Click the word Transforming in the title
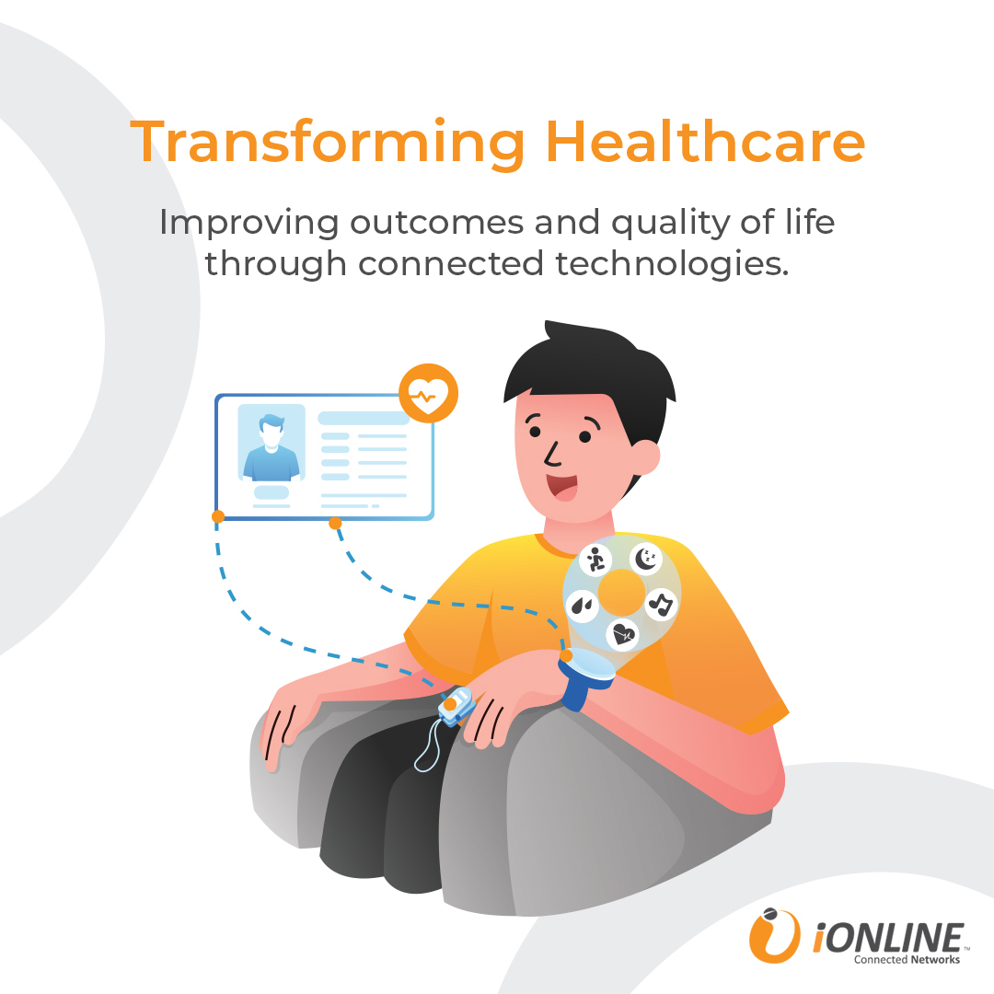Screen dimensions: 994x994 click(327, 144)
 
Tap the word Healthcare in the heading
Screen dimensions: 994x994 click(705, 141)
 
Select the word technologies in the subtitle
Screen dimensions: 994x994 click(672, 263)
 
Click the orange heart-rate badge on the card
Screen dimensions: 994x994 click(429, 393)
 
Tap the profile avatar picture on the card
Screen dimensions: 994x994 click(272, 443)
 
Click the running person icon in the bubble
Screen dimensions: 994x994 click(595, 560)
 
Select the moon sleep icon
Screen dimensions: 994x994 click(646, 559)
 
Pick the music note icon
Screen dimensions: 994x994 click(661, 604)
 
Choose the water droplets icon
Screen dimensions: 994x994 click(582, 606)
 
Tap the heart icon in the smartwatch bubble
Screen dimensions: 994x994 click(622, 634)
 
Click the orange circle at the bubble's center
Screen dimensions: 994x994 click(622, 592)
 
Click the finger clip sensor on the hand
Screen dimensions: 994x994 click(457, 705)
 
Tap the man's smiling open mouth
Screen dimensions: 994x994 click(562, 487)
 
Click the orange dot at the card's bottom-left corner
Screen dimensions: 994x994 click(218, 516)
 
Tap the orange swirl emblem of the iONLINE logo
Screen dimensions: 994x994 click(773, 935)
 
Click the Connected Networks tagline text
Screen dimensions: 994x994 click(907, 960)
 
